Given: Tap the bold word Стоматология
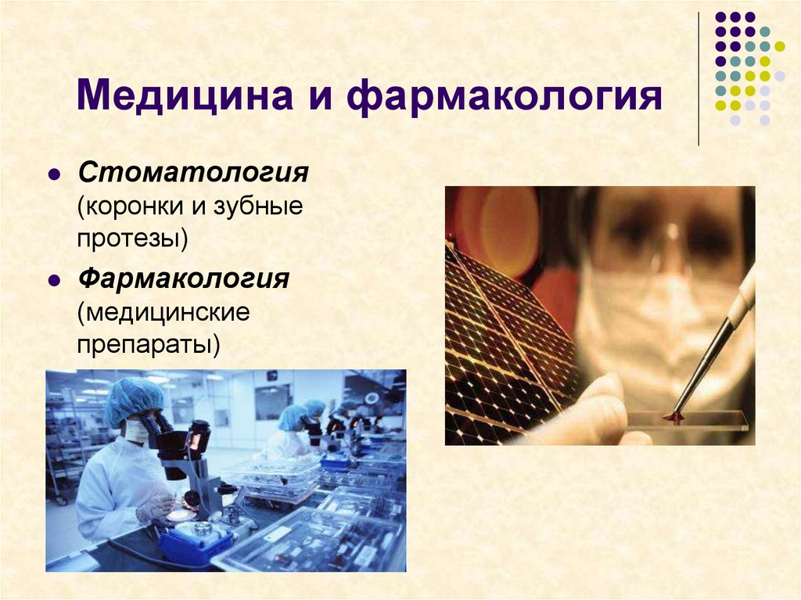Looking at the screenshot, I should tap(192, 171).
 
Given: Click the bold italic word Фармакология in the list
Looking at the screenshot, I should tap(183, 278).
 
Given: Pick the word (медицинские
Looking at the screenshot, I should tap(163, 314).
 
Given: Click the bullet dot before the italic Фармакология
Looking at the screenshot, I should tap(54, 280).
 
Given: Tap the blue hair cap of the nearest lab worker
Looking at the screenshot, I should tap(134, 400).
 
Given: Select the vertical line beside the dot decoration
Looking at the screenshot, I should tap(698, 78).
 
